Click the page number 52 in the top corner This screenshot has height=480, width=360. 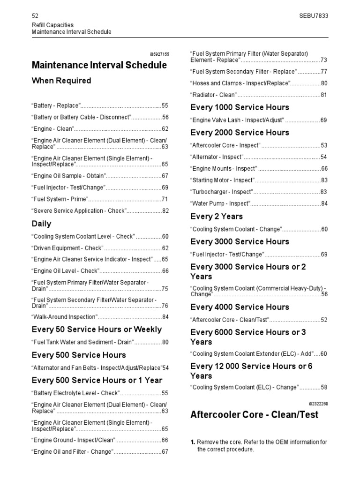click(x=35, y=15)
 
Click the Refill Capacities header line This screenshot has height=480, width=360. click(x=52, y=25)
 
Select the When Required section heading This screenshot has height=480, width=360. click(x=61, y=81)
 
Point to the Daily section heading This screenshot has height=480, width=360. click(x=41, y=224)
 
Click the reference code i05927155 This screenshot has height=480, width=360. click(x=158, y=54)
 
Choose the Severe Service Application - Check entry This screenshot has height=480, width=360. click(x=79, y=211)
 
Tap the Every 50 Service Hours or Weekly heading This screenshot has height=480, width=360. click(x=96, y=330)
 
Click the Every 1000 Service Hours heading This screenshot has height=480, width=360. click(x=240, y=107)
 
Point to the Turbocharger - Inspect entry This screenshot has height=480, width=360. click(x=222, y=192)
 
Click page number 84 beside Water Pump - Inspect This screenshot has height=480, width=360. click(x=324, y=203)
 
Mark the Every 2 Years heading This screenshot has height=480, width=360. click(x=217, y=217)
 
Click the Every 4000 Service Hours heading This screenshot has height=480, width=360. click(x=240, y=307)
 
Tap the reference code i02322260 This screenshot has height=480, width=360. click(x=318, y=404)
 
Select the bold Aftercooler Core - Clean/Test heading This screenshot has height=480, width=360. click(x=254, y=415)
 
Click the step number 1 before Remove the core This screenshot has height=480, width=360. click(x=193, y=442)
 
